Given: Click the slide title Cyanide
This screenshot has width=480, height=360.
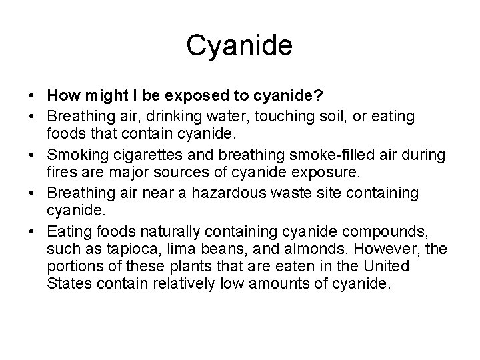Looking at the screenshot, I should pos(239,46).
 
